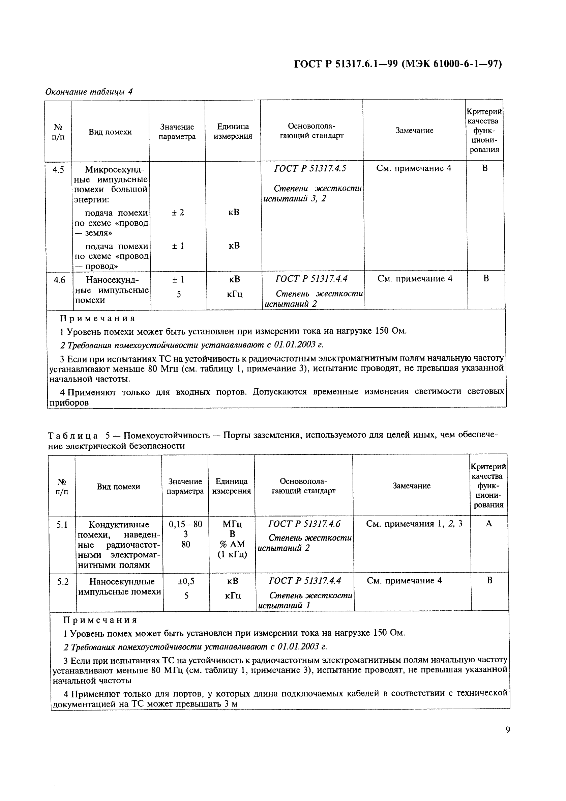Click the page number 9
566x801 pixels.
click(507, 729)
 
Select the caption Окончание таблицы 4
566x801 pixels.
click(89, 92)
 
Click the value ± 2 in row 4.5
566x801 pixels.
click(178, 213)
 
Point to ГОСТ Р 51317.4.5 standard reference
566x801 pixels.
click(310, 168)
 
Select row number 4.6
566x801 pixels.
click(59, 280)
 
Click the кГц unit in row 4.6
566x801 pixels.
click(235, 295)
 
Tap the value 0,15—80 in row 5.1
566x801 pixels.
click(185, 524)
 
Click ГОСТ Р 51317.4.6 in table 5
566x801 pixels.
click(304, 524)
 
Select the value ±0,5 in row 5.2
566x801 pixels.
click(186, 581)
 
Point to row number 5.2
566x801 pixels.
click(62, 582)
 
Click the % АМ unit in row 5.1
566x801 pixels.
click(232, 544)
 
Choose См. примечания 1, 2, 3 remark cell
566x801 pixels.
click(414, 524)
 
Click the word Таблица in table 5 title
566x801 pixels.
click(72, 435)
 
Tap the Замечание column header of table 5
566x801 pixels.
click(411, 486)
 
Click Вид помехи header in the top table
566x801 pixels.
click(110, 132)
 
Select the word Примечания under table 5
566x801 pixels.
click(100, 620)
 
